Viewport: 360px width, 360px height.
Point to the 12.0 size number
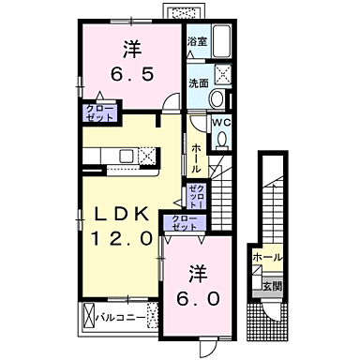click(120, 238)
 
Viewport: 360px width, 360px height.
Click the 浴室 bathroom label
click(197, 42)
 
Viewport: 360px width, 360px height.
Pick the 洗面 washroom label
click(197, 82)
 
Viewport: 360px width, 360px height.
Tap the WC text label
click(221, 122)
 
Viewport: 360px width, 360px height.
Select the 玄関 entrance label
click(271, 285)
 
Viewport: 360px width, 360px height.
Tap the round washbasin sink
click(217, 101)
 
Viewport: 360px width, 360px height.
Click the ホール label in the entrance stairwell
click(264, 255)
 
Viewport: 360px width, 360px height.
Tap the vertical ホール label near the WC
click(196, 156)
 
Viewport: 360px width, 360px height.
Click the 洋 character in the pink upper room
click(130, 47)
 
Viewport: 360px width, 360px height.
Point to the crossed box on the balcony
click(90, 316)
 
